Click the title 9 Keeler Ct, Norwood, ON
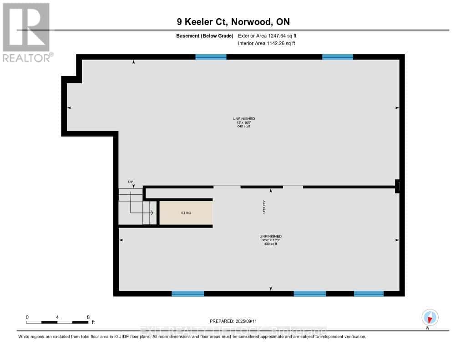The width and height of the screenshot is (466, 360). [233, 22]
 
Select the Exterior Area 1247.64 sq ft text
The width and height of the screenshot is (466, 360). [267, 35]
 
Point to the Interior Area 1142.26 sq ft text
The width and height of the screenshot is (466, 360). [266, 44]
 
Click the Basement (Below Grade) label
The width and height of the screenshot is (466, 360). [204, 35]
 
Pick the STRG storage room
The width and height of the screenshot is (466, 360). [186, 213]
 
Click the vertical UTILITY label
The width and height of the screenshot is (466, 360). [264, 207]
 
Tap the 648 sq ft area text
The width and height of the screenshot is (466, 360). [244, 126]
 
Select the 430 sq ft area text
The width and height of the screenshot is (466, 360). [270, 244]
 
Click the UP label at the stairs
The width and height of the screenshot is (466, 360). [131, 182]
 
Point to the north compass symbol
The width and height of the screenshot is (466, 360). [430, 318]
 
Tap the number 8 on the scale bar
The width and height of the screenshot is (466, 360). [88, 317]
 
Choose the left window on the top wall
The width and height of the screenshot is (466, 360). [211, 57]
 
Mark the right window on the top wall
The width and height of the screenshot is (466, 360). [337, 57]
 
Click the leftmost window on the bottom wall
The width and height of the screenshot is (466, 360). [187, 294]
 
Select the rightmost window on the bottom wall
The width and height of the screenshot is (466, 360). [369, 294]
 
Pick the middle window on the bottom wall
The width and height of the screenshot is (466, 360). [309, 294]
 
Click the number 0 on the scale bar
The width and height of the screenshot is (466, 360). [27, 317]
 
